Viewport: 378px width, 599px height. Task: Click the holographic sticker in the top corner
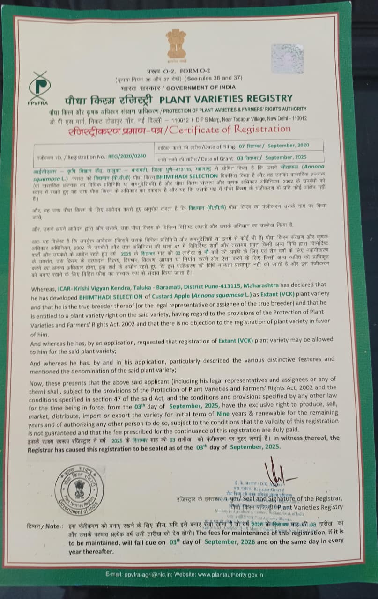point(287,59)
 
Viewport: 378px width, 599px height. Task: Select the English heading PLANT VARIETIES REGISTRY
point(226,99)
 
